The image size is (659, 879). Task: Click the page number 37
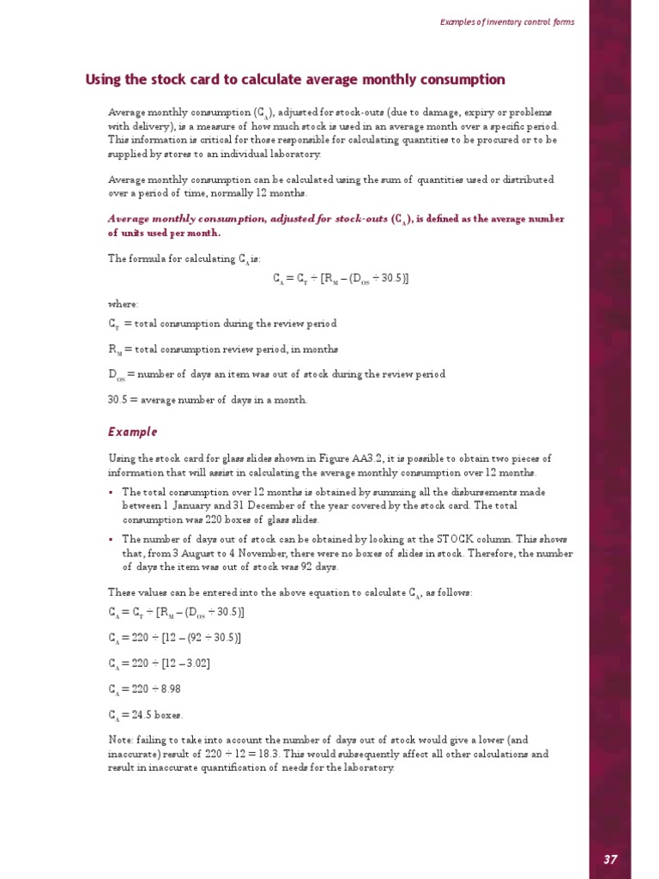click(x=609, y=859)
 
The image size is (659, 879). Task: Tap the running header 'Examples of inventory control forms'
click(x=507, y=21)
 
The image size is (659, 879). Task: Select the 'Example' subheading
click(x=132, y=432)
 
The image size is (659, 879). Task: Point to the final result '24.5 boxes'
click(x=160, y=714)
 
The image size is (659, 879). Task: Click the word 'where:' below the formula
click(x=123, y=304)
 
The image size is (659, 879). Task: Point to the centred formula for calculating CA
click(x=341, y=278)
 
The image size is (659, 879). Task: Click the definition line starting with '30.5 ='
click(x=207, y=399)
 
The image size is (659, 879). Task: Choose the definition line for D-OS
click(x=275, y=374)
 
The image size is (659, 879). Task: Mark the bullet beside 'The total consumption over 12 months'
click(x=112, y=492)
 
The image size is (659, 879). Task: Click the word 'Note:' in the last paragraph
click(x=121, y=740)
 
